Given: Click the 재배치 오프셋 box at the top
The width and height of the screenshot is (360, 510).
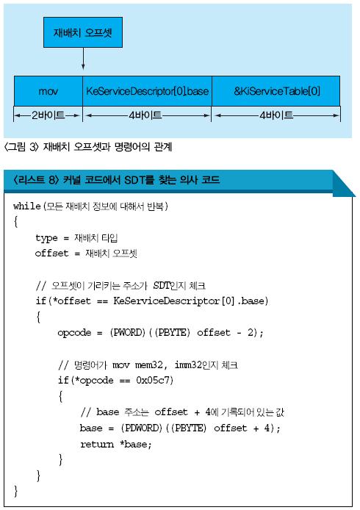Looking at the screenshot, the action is point(83,32).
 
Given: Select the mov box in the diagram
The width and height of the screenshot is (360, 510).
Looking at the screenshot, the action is point(48,90).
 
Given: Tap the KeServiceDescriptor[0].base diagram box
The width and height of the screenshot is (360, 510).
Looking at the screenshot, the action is point(147,90).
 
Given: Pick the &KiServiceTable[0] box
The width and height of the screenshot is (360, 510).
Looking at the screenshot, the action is point(276,90).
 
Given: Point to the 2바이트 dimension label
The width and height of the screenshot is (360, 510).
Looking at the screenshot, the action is point(48,115).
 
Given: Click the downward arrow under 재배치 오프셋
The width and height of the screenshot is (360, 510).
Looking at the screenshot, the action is point(83,59).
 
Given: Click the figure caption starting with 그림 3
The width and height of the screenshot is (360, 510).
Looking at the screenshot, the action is point(88,147).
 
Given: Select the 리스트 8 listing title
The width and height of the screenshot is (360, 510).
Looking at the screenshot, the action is point(116,180).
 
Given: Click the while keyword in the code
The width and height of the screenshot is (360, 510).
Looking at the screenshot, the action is point(27,206).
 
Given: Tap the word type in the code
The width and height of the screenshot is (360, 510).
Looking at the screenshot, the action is point(46,238).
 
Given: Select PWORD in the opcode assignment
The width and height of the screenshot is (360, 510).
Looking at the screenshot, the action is point(128,332).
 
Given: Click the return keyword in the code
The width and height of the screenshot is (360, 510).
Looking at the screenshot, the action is point(97,444).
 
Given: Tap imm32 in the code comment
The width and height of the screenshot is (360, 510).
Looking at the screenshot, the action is point(188,365).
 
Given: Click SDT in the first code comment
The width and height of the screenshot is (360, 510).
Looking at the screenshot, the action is point(162,285).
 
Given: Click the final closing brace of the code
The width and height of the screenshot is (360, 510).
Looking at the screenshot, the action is point(15,491).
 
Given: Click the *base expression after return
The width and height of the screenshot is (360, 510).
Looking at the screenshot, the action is point(136,444).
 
